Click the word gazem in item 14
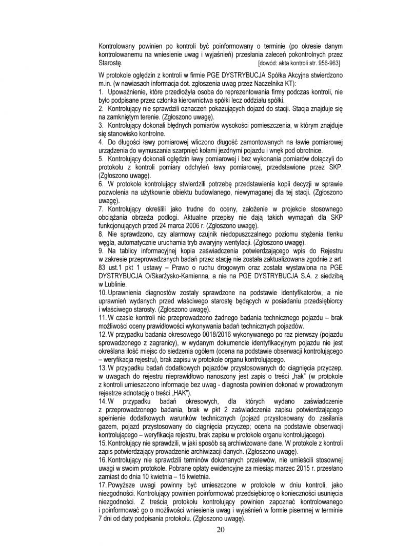[109, 430]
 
